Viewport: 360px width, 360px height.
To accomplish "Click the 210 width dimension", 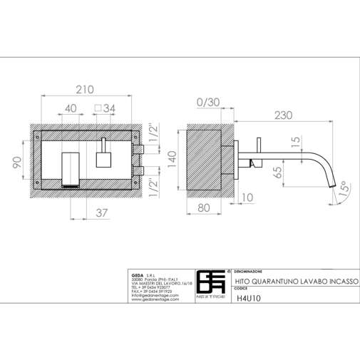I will point(86,91).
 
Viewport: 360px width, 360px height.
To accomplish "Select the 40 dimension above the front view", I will point(71,108).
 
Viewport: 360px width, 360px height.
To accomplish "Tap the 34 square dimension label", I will point(105,108).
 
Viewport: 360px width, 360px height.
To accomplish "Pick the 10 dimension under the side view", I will point(247,197).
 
